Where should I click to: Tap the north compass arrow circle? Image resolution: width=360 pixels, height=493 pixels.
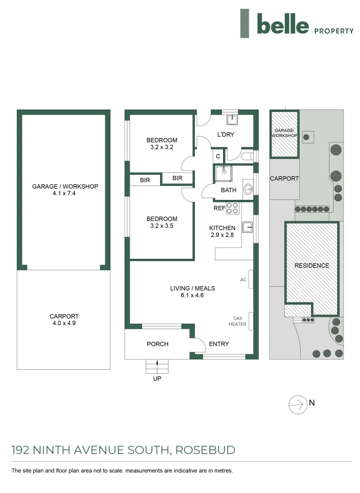coord(297,404)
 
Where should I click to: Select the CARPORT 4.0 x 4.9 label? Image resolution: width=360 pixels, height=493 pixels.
coord(64,320)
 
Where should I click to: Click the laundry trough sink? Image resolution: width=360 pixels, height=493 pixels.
coord(232,120)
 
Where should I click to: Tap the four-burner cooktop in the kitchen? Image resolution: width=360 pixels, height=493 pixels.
coord(233,208)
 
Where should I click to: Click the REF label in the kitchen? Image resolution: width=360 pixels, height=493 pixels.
coord(219,208)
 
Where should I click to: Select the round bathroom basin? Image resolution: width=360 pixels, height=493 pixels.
coord(248,189)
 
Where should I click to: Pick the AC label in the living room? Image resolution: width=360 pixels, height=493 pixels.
coord(243,279)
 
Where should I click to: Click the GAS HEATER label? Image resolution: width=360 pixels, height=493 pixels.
coord(240,321)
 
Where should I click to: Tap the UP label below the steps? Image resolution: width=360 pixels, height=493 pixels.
coord(157,378)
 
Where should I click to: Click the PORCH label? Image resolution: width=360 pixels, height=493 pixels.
coord(157,344)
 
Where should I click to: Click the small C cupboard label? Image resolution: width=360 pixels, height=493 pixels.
coord(218,156)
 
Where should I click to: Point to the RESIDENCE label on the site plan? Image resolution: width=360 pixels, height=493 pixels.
coord(311,265)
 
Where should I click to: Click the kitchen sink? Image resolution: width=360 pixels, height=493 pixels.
coord(247,226)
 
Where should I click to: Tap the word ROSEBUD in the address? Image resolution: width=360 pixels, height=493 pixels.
coord(207,450)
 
